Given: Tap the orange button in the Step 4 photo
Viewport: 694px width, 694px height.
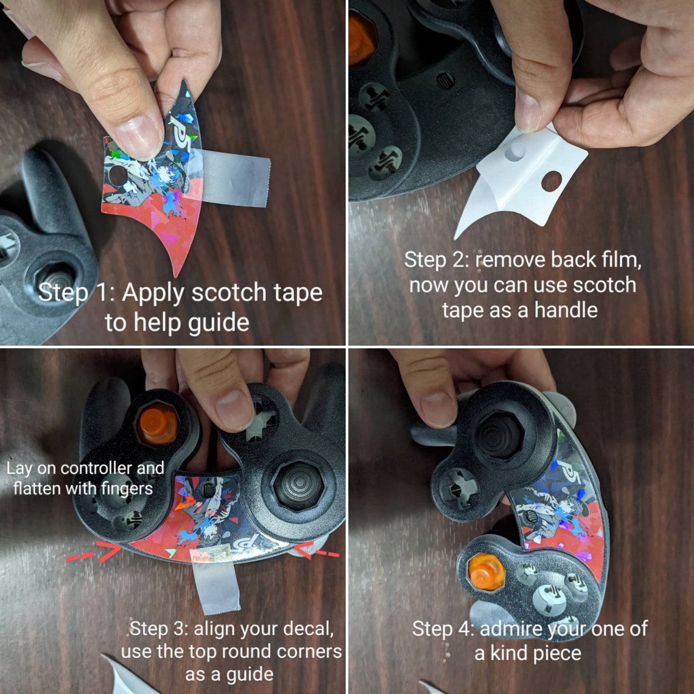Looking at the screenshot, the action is click(x=486, y=572).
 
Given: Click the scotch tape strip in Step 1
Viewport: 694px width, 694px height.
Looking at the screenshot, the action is click(x=234, y=177).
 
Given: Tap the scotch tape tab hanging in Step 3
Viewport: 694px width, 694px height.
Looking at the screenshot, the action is click(x=216, y=580).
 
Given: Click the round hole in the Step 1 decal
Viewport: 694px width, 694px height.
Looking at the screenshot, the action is click(x=117, y=176).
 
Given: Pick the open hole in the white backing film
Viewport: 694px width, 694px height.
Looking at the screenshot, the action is click(x=552, y=181).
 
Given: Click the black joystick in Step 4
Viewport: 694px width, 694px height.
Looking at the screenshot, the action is click(x=499, y=435).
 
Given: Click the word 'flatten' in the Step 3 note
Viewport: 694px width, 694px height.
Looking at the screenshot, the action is click(x=38, y=489).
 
